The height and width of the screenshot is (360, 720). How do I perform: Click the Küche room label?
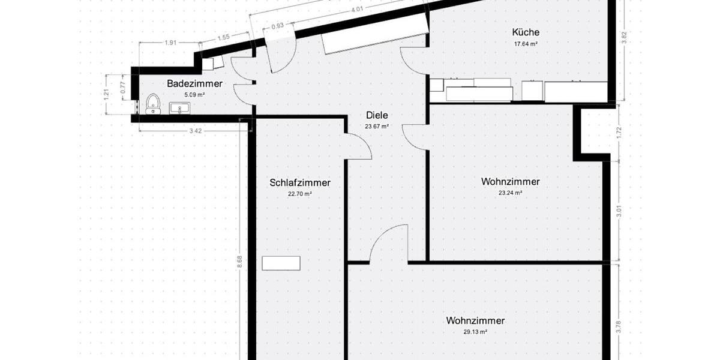pyautogui.click(x=526, y=32)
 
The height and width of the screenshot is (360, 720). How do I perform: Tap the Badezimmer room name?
pyautogui.click(x=195, y=83)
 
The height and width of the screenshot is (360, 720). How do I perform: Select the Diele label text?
pyautogui.click(x=377, y=116)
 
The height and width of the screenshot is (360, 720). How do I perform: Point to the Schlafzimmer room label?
pyautogui.click(x=300, y=183)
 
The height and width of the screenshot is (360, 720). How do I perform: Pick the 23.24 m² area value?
pyautogui.click(x=510, y=193)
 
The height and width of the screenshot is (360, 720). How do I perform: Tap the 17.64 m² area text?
pyautogui.click(x=526, y=44)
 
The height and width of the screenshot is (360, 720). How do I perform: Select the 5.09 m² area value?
pyautogui.click(x=195, y=94)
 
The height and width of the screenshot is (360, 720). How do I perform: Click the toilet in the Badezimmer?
pyautogui.click(x=153, y=105)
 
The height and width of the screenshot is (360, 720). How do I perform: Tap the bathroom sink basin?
pyautogui.click(x=180, y=109)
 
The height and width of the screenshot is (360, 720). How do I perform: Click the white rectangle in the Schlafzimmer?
pyautogui.click(x=281, y=263)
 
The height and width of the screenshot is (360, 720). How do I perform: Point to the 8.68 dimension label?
pyautogui.click(x=239, y=260)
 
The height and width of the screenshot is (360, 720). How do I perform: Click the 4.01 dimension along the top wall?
pyautogui.click(x=357, y=9)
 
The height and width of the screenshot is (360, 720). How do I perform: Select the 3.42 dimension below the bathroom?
pyautogui.click(x=195, y=131)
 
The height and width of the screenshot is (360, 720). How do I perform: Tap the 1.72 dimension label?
pyautogui.click(x=620, y=131)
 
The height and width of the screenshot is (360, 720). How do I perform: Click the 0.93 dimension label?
pyautogui.click(x=278, y=26)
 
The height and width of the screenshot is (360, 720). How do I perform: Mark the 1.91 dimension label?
pyautogui.click(x=170, y=43)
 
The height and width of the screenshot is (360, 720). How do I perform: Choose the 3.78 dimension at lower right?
pyautogui.click(x=620, y=328)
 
